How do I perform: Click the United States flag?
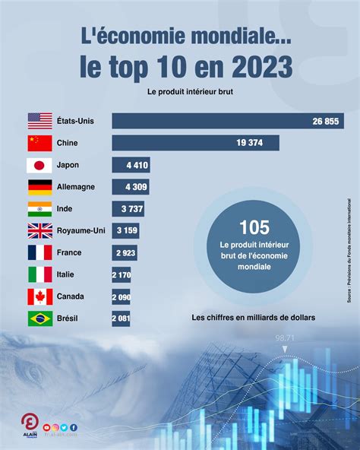39,121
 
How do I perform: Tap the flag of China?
39,143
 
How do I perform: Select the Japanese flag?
39,165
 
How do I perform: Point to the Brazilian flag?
39,318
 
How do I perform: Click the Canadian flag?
39,296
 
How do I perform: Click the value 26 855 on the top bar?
327,122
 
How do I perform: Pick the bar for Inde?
128,209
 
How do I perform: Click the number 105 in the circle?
254,227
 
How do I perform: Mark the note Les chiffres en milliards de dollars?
253,317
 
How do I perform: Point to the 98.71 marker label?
285,337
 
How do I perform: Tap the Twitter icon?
65,428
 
